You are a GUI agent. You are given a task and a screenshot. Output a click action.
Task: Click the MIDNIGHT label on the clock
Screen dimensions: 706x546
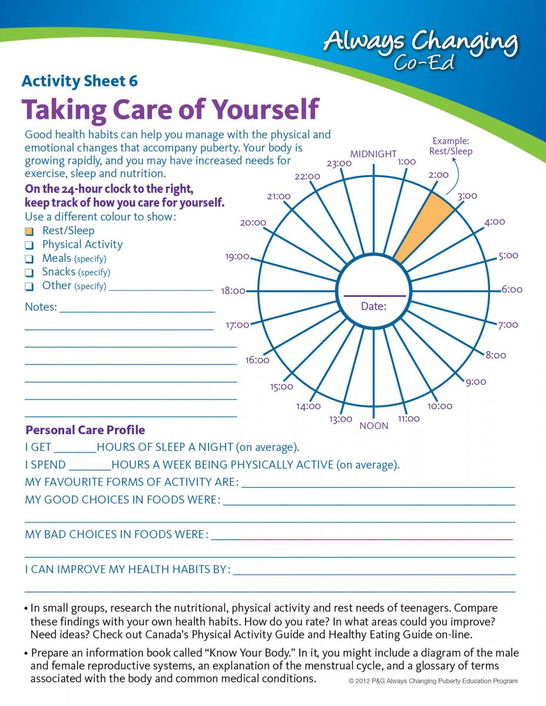tap(373, 154)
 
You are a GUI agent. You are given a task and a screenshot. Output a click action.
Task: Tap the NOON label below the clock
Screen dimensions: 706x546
tap(373, 425)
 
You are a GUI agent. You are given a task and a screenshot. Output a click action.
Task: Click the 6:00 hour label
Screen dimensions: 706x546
tap(511, 289)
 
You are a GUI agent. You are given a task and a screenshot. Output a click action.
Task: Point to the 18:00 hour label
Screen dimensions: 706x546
tap(233, 291)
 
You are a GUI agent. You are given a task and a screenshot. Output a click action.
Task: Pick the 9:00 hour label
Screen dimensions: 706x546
tap(475, 382)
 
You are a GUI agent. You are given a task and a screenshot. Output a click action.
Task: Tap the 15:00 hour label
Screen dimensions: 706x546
tap(282, 387)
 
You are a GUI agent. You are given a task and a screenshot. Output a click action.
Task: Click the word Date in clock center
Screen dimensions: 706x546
tap(373, 306)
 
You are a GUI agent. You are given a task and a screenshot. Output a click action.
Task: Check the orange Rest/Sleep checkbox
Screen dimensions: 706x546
tap(29, 231)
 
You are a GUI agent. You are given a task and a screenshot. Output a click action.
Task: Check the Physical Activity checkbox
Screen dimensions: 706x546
tap(29, 245)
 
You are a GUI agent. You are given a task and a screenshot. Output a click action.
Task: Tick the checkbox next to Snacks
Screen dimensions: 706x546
tap(29, 272)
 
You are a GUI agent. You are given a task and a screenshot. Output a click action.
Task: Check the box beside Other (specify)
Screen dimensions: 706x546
tap(29, 287)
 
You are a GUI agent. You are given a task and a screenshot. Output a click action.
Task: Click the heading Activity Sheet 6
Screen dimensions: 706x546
tap(80, 81)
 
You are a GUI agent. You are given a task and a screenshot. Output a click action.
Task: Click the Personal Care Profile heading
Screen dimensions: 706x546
tap(85, 430)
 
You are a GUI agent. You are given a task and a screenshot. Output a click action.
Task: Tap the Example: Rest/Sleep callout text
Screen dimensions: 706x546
tap(451, 146)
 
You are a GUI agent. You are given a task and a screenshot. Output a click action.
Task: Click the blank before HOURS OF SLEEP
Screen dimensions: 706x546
tap(75, 448)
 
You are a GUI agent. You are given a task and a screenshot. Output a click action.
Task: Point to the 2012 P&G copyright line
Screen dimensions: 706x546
tap(433, 681)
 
